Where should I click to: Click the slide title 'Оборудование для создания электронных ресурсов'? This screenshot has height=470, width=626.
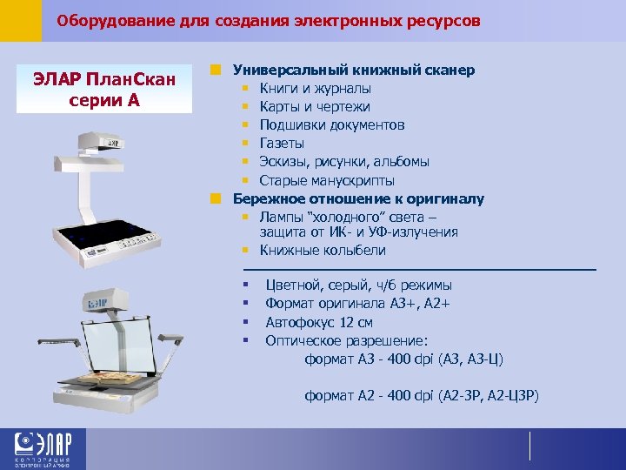click(268, 20)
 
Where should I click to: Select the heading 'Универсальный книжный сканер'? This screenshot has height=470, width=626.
click(352, 70)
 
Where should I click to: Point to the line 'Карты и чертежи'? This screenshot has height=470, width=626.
click(315, 106)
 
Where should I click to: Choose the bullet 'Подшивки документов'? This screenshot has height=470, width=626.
click(332, 124)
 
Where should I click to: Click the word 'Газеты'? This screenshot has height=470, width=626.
click(283, 143)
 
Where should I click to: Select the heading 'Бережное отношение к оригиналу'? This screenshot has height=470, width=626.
click(358, 198)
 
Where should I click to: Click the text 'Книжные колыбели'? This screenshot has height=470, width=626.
click(323, 250)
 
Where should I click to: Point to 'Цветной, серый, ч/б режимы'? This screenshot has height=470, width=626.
click(358, 285)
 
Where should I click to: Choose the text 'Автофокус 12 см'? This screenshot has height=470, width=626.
click(320, 321)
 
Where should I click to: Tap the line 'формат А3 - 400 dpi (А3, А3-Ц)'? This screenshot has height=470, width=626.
click(404, 358)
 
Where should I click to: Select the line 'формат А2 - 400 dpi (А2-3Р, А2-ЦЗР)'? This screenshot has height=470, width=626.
click(422, 396)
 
